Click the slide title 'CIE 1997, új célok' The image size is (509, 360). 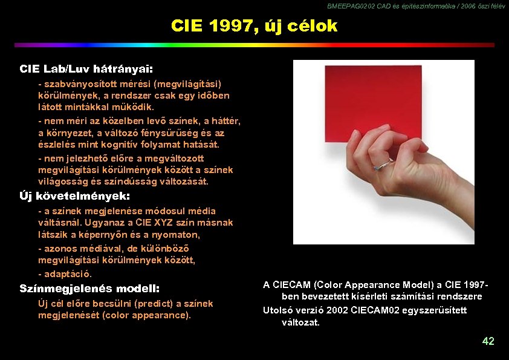click(254, 26)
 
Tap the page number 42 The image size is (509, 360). click(488, 341)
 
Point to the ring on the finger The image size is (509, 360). click(381, 165)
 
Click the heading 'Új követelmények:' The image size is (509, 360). click(75, 196)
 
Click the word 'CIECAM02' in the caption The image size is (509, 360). click(375, 310)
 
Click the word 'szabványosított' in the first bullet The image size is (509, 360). click(74, 83)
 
